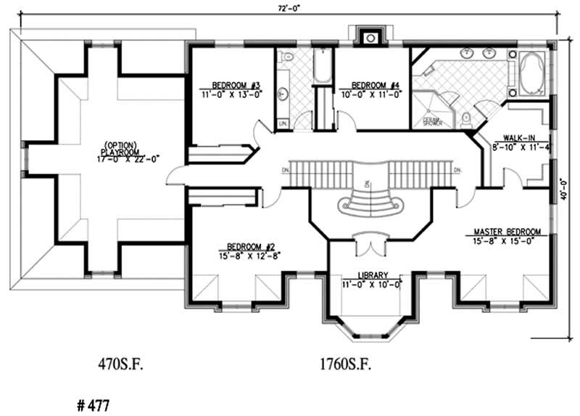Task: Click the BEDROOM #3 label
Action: pos(231,83)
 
